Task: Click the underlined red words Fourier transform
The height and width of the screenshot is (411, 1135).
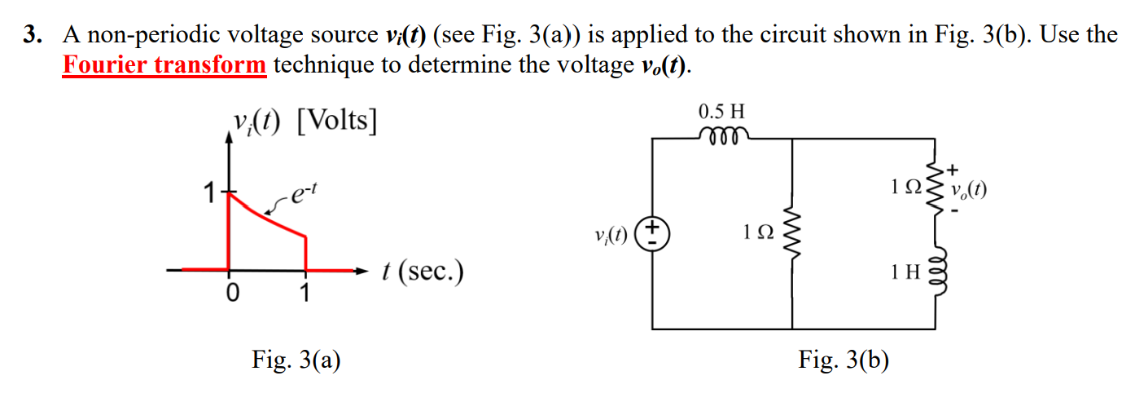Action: (164, 64)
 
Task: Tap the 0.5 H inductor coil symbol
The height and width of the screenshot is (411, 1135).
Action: (721, 135)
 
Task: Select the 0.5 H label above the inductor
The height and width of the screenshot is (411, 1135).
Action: (721, 110)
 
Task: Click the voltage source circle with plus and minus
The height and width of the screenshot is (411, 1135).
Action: (652, 232)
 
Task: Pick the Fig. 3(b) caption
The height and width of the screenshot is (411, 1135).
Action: (844, 359)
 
